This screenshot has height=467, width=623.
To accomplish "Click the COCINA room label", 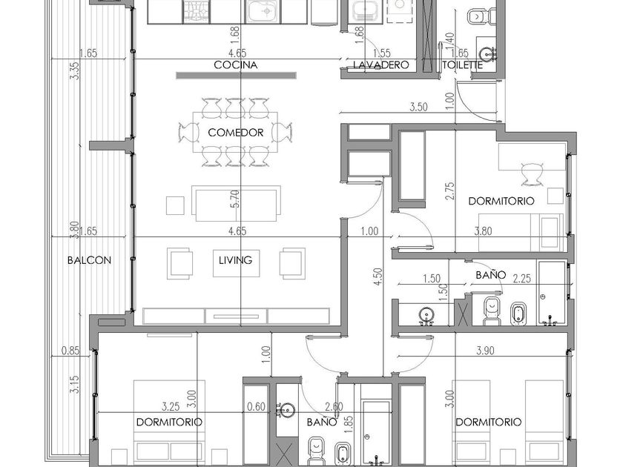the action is (236, 64).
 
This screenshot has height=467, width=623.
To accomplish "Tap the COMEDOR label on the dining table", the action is (236, 132).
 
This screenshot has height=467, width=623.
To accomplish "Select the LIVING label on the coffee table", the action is (236, 260).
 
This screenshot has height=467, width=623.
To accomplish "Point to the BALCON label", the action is (89, 260).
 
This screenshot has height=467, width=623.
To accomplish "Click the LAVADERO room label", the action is (381, 64).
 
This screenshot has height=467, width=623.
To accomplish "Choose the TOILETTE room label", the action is (463, 64).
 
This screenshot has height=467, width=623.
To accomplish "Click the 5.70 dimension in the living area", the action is (235, 199).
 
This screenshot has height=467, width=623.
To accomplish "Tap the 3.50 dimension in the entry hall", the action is (418, 107).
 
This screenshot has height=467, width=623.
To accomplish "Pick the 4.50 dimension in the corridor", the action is (378, 276).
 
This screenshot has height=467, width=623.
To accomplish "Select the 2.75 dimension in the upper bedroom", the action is (449, 191).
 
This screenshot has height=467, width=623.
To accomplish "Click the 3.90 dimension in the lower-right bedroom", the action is (485, 351).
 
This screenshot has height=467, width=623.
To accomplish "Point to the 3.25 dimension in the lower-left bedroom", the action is (171, 407).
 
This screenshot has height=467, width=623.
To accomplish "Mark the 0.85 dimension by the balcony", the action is (70, 351).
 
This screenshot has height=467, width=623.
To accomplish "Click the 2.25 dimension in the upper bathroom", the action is (521, 279).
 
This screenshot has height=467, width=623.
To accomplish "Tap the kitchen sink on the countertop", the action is (263, 11).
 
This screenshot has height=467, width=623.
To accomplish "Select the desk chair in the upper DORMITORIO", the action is (532, 174).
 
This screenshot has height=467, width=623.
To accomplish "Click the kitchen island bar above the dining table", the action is (236, 76).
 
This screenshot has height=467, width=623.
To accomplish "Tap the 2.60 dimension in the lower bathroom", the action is (334, 407).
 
